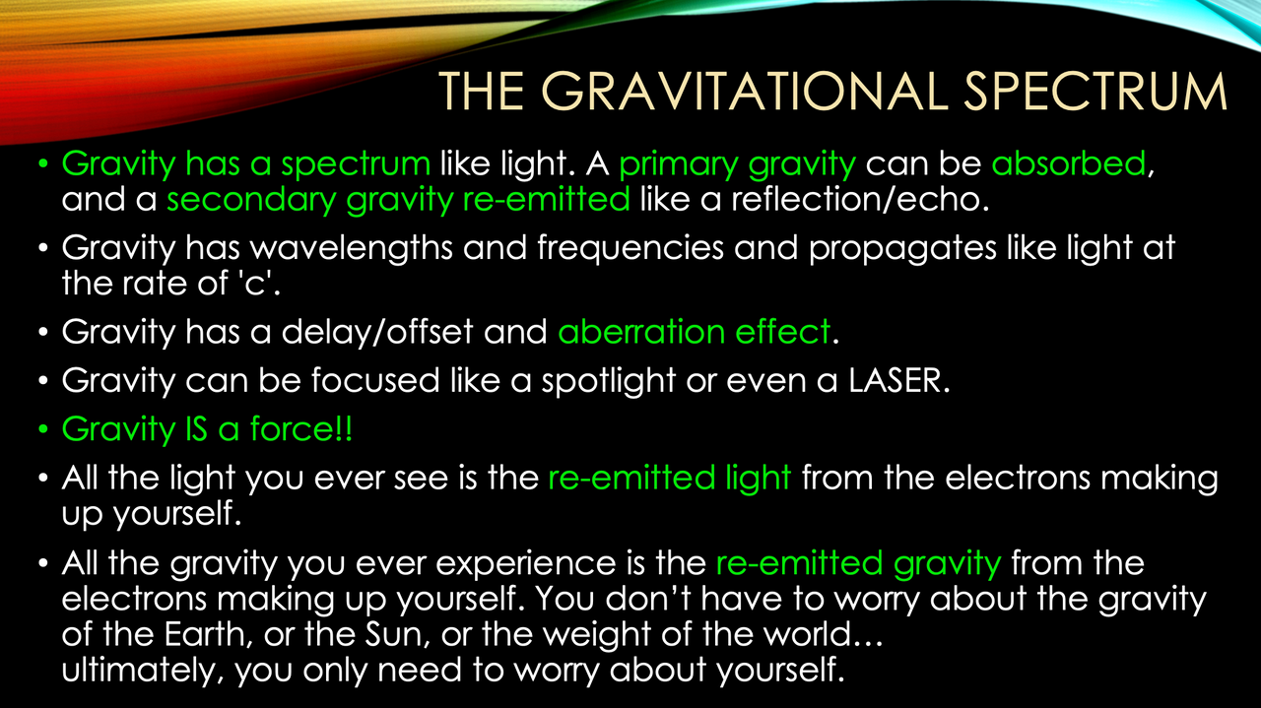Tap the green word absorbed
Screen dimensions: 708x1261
tap(1069, 162)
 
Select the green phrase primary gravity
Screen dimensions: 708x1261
tap(738, 162)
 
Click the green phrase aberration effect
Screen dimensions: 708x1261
tap(695, 332)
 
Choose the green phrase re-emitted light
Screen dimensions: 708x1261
tap(669, 478)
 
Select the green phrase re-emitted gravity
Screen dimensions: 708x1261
tap(858, 564)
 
